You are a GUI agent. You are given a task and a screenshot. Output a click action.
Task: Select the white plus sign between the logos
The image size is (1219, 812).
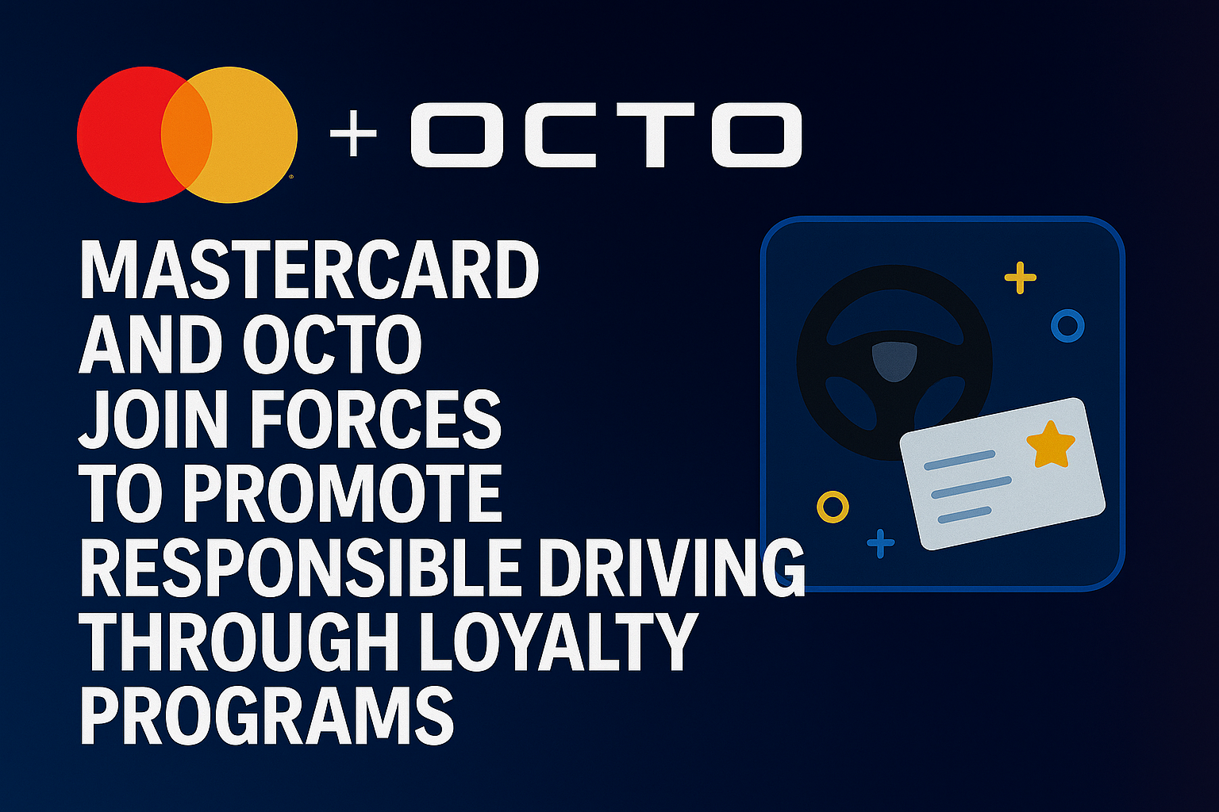(354, 133)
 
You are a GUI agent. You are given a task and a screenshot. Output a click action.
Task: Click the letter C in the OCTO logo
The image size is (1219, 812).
(560, 134)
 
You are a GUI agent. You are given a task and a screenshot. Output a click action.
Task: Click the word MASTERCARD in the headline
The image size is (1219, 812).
(309, 270)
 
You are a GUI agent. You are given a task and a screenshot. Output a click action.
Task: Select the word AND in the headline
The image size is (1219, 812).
(151, 344)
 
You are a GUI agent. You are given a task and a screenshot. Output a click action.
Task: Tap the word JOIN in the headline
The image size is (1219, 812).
(153, 419)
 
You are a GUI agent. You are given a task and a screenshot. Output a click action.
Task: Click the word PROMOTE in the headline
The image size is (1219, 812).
(344, 492)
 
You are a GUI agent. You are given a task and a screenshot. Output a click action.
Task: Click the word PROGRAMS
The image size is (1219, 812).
(267, 716)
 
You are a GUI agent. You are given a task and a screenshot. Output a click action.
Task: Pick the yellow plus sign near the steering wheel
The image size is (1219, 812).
(1021, 278)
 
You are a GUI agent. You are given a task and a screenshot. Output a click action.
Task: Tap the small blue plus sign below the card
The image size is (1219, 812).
(880, 542)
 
